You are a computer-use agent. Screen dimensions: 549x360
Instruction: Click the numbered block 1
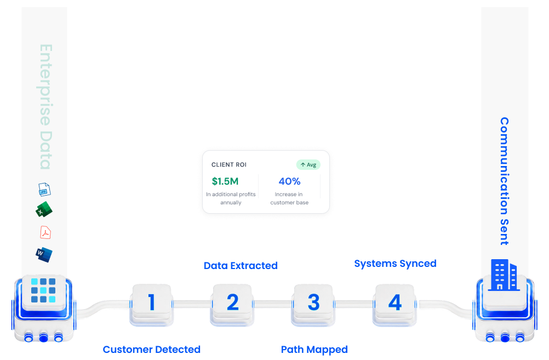(x=152, y=304)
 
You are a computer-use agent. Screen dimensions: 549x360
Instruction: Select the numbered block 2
(x=232, y=304)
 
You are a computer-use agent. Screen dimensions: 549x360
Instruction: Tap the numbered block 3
(x=313, y=304)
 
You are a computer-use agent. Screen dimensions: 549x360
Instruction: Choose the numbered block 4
(x=394, y=304)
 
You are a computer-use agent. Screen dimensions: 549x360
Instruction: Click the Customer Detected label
(x=152, y=349)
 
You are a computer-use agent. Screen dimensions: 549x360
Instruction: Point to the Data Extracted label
(x=241, y=265)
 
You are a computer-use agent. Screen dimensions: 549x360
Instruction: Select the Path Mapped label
(x=314, y=350)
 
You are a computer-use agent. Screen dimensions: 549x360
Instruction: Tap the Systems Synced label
(x=395, y=264)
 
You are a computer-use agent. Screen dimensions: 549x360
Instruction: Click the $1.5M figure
(x=225, y=181)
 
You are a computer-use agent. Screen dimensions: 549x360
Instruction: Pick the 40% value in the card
(x=289, y=181)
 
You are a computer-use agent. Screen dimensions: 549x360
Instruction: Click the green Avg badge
(x=308, y=164)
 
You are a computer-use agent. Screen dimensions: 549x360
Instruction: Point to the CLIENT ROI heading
(x=229, y=164)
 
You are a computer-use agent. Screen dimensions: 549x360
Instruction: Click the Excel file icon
(x=44, y=209)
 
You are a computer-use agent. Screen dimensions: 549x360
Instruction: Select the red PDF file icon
(x=45, y=232)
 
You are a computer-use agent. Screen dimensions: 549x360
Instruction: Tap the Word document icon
(x=44, y=255)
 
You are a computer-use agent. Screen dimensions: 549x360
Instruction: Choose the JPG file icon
(x=44, y=190)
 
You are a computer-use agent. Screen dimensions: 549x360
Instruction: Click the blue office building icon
(x=504, y=275)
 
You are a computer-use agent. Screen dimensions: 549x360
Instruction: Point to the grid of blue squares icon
(x=43, y=290)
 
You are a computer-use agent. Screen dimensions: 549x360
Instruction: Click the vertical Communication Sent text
(x=504, y=181)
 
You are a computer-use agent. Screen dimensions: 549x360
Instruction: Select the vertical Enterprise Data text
(x=45, y=107)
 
